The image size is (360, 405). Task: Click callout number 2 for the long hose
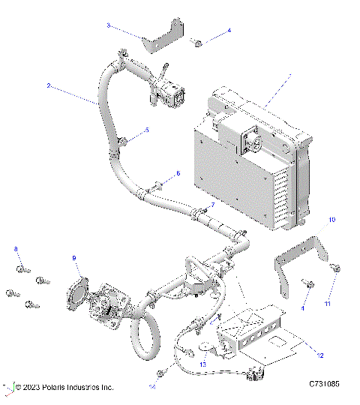[48, 86]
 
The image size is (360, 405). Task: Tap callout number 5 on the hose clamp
[146, 130]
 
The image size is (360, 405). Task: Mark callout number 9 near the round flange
[74, 258]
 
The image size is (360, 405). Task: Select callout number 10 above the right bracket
[332, 220]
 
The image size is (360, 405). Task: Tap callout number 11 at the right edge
[326, 304]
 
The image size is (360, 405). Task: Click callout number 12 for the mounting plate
[320, 353]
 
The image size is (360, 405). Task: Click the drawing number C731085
[324, 385]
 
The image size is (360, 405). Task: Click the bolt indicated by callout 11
[334, 267]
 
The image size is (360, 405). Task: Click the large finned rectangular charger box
[247, 165]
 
